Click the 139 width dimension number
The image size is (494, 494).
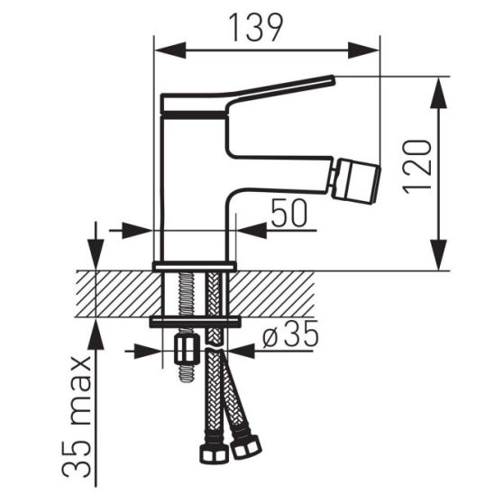point(256,28)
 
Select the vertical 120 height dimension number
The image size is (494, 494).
point(416,166)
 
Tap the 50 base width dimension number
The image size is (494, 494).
point(288,213)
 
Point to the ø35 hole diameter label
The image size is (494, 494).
point(290,334)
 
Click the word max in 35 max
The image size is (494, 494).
point(78,390)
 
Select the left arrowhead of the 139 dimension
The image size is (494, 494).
point(170,50)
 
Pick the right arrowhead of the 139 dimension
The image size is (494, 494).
point(363,50)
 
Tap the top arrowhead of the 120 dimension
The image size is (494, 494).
point(438,93)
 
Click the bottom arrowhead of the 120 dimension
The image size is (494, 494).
point(438,254)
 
